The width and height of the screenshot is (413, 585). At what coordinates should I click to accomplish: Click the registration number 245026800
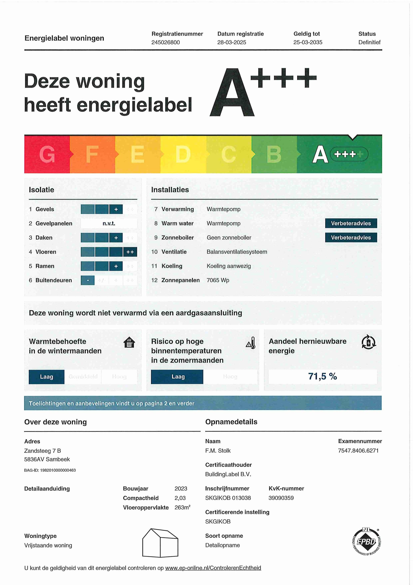[165, 42]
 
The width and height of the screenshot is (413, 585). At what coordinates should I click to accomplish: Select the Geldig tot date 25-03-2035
[308, 42]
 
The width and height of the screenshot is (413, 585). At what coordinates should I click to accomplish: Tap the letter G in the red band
[47, 154]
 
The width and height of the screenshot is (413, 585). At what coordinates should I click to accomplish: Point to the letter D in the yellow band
[183, 154]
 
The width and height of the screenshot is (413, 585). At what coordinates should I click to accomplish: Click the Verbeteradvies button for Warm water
[351, 223]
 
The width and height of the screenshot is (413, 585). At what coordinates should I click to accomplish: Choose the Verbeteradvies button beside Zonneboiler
[351, 237]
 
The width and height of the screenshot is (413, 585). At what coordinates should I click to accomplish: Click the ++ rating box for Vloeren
[130, 252]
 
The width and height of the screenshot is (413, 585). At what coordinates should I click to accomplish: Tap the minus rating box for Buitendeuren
[88, 280]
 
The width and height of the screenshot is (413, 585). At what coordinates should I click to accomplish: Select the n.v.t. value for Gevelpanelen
[109, 223]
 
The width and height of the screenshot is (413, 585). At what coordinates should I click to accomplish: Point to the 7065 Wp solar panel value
[218, 280]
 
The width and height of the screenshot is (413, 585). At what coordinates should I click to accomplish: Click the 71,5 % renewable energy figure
[322, 376]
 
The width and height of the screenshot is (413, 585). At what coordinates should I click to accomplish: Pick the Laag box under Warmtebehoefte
[47, 377]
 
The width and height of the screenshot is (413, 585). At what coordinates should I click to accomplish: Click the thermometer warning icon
[251, 343]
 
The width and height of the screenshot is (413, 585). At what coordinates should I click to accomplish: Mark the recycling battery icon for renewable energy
[368, 342]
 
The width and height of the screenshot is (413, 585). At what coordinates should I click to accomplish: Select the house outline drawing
[160, 543]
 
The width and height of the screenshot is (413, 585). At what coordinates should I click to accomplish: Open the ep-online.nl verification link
[213, 568]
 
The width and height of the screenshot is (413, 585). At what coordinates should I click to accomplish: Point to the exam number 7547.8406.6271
[358, 450]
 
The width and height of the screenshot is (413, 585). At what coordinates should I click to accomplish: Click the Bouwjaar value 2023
[181, 488]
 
